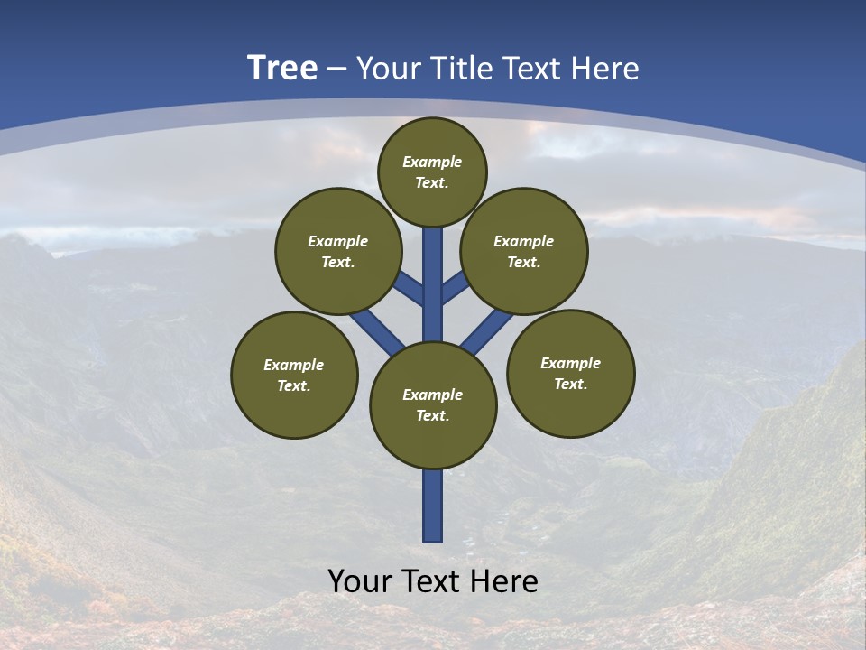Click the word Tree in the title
[282, 69]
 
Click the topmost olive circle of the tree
[432, 172]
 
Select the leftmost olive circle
[294, 375]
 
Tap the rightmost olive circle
[570, 373]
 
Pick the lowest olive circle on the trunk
[433, 404]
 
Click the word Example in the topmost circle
[432, 162]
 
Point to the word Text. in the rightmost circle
[570, 384]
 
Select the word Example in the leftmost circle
[294, 365]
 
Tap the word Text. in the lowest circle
[433, 415]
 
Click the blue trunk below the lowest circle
[433, 506]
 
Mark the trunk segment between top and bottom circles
[433, 284]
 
